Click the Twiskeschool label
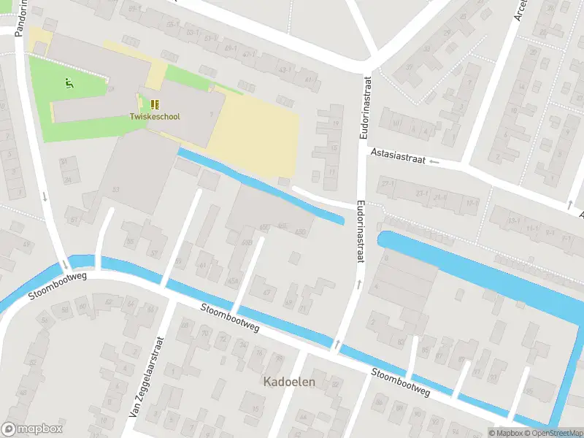pos(154,116)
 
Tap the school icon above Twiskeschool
pos(155,104)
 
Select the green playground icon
pos(69,84)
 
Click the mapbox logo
pos(32,429)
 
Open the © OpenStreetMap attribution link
pos(550,433)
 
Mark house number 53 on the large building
pos(115,190)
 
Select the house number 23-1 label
pos(422,193)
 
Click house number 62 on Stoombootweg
pos(108,301)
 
